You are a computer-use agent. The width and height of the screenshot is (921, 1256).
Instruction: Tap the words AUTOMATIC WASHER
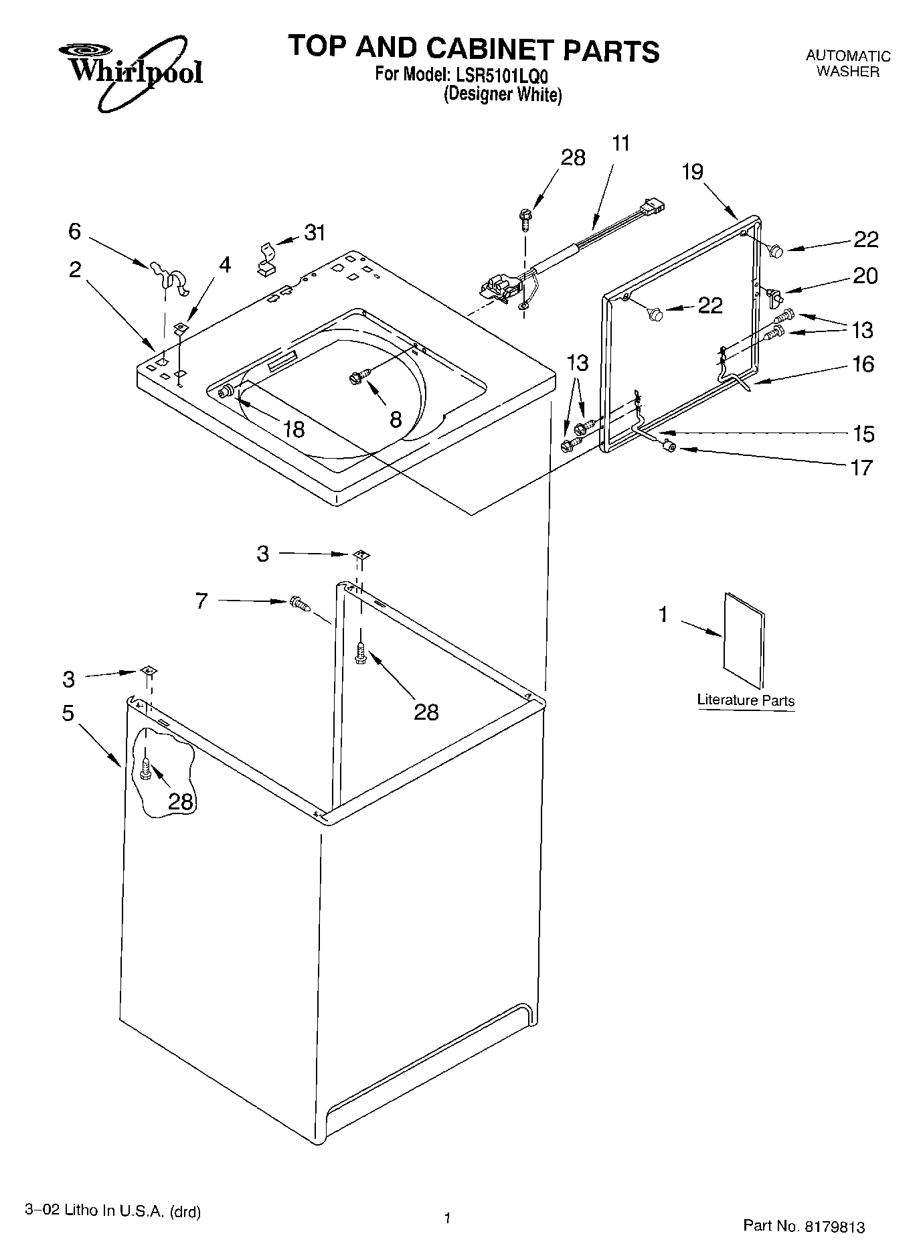pyautogui.click(x=847, y=64)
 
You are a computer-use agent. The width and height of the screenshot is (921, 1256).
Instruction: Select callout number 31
pyautogui.click(x=315, y=233)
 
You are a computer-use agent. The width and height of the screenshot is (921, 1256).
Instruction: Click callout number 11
pyautogui.click(x=621, y=143)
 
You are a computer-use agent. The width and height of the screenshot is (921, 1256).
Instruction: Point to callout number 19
pyautogui.click(x=693, y=172)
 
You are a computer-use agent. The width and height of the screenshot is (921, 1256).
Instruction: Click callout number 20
pyautogui.click(x=865, y=275)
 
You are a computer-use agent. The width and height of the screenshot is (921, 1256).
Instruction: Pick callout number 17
pyautogui.click(x=862, y=467)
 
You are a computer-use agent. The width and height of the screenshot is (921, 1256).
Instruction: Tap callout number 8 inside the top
pyautogui.click(x=396, y=420)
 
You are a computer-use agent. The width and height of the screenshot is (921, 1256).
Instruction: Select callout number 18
pyautogui.click(x=293, y=428)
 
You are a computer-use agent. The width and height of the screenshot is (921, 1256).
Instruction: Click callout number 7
pyautogui.click(x=201, y=601)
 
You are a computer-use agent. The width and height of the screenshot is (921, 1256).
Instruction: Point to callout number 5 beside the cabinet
pyautogui.click(x=68, y=712)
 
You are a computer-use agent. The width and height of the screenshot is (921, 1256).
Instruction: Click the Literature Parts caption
pyautogui.click(x=746, y=700)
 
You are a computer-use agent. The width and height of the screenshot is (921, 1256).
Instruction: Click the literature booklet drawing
pyautogui.click(x=743, y=639)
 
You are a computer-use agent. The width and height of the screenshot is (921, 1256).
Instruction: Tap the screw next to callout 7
pyautogui.click(x=301, y=605)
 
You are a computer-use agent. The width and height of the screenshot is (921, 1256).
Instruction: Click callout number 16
pyautogui.click(x=863, y=364)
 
